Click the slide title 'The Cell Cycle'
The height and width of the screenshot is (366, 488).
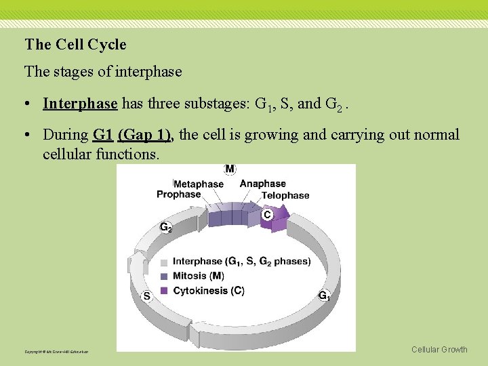point(75,45)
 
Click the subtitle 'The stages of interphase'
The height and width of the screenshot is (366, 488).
point(103,71)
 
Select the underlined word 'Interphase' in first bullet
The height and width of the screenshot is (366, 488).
point(80,104)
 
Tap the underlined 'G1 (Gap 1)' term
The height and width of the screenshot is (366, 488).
point(133,135)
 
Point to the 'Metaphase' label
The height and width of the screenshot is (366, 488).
point(199,184)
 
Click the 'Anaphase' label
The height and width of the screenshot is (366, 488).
point(263,184)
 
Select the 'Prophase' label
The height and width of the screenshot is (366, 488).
point(179,195)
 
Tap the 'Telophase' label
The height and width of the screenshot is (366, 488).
point(285,195)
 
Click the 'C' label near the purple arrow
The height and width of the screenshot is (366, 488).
point(267,214)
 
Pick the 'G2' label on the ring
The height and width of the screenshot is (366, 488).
point(165,228)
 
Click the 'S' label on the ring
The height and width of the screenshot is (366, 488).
point(146,296)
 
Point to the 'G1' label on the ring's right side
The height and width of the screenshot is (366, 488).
point(324,296)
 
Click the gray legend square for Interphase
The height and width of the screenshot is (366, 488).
point(164,262)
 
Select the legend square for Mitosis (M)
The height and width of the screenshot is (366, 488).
point(164,276)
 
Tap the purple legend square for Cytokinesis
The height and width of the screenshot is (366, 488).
point(164,291)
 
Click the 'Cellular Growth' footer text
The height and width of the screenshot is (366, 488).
point(439,350)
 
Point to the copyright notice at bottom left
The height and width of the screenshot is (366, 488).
point(56,352)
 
